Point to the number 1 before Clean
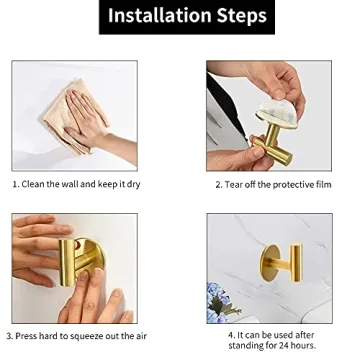(x=15, y=185)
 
